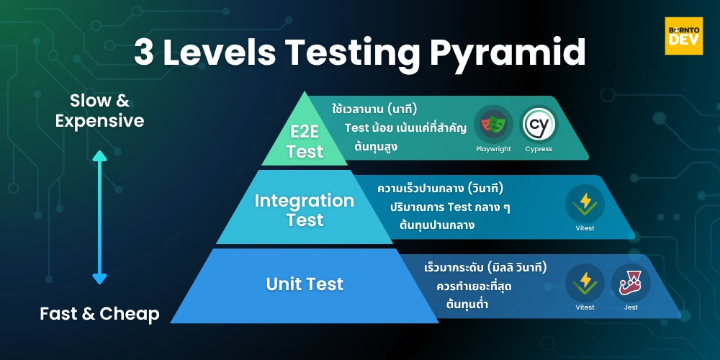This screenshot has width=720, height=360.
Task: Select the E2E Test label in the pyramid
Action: tap(305, 141)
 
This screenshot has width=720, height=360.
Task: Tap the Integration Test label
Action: tap(305, 210)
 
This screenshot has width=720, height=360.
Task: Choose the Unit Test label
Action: tap(305, 284)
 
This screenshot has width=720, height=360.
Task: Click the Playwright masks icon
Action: tap(493, 125)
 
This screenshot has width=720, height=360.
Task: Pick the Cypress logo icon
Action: tap(539, 125)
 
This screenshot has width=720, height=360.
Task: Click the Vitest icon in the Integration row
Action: tap(585, 204)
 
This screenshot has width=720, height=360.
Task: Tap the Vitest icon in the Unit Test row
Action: tap(585, 282)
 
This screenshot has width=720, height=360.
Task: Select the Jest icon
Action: tap(631, 282)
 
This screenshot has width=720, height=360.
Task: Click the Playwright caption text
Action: tap(493, 149)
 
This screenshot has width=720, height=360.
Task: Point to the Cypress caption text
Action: tap(539, 149)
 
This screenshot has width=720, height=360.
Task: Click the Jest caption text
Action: tap(631, 307)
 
